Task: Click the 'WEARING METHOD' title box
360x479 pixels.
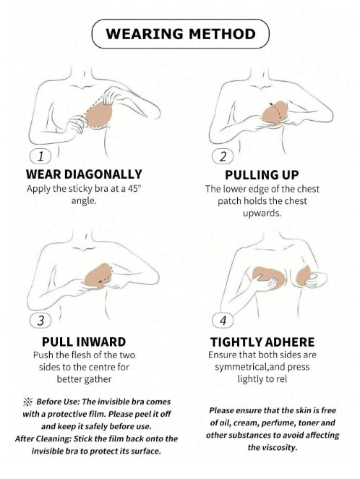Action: [180, 33]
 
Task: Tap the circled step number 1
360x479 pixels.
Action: [40, 156]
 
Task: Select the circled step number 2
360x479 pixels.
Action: [223, 157]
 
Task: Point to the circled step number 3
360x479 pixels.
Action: [40, 321]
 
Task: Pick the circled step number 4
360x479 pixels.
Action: [223, 321]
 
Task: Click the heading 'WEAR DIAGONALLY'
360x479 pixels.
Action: [84, 174]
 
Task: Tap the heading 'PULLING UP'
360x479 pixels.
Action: [262, 175]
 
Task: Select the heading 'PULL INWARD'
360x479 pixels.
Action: [84, 342]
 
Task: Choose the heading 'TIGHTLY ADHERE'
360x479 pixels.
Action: [262, 342]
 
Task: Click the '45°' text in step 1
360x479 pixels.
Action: [134, 188]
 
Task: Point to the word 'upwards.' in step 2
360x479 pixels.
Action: [262, 213]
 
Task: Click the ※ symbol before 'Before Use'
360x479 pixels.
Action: [27, 402]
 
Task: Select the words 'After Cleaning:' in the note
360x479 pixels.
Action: [43, 438]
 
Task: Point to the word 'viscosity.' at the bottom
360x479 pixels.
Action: [272, 448]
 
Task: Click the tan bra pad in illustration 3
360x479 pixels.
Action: [98, 276]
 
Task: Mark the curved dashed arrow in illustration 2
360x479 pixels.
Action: [277, 111]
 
